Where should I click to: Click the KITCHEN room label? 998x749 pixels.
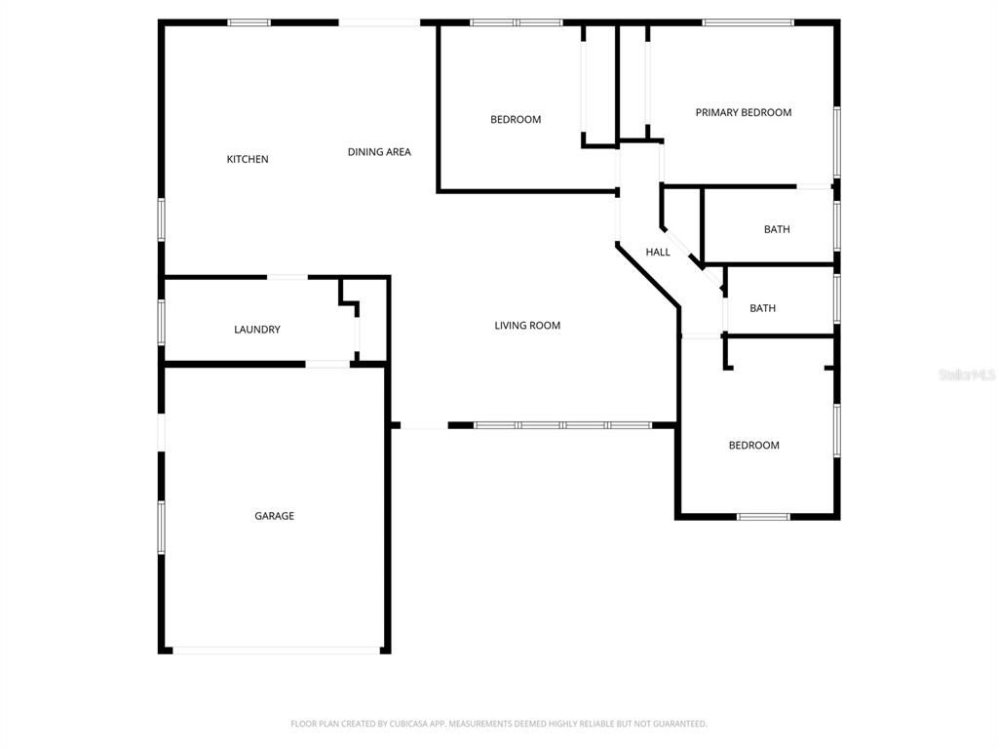[x=248, y=159]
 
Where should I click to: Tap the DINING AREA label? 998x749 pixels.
[x=379, y=152]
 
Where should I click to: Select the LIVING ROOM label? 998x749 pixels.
[x=527, y=326]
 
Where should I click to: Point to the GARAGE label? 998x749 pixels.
[x=274, y=516]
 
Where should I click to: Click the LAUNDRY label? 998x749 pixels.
[x=257, y=330]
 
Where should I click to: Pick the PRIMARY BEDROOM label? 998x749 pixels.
[x=743, y=112]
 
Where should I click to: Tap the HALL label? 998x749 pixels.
[x=658, y=253]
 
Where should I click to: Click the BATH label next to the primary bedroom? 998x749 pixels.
[x=777, y=230]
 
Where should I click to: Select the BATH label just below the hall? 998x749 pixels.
[x=763, y=308]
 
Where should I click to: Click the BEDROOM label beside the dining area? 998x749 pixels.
[x=516, y=120]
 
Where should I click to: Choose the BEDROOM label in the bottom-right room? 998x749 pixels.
[x=754, y=446]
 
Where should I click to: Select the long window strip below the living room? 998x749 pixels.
[x=562, y=425]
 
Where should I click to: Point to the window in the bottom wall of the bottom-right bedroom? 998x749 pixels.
[x=763, y=516]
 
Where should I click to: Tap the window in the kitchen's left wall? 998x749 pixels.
[x=162, y=219]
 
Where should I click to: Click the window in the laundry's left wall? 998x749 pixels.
[x=162, y=321]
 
